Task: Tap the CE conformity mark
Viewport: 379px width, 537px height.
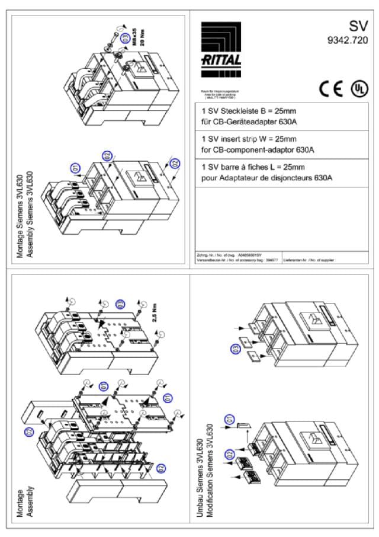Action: click(330, 88)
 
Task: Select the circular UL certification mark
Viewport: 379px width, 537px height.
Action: click(358, 88)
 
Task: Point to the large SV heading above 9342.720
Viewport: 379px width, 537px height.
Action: click(358, 26)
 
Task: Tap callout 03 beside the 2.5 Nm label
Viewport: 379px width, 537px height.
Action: click(120, 304)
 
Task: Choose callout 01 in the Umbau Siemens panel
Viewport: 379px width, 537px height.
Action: click(229, 418)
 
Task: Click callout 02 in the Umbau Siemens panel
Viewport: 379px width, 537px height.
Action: click(229, 454)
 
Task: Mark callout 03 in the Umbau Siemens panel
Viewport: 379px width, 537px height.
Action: click(235, 350)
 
